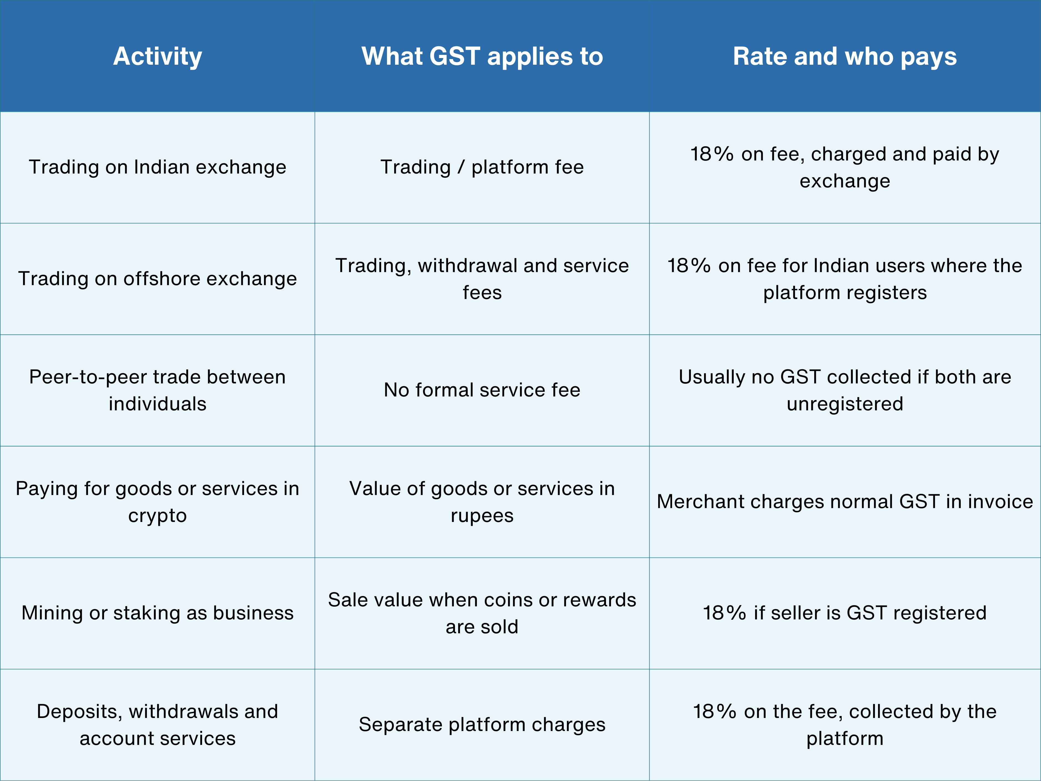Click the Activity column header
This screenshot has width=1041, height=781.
click(158, 56)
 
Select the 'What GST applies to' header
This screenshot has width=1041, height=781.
click(482, 56)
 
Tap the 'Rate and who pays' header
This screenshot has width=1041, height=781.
click(845, 56)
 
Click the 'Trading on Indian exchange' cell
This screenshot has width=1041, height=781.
click(158, 167)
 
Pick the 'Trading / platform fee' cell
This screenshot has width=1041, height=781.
click(482, 167)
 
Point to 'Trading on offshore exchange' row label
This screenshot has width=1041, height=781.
click(158, 279)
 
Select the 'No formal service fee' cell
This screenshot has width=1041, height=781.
click(482, 390)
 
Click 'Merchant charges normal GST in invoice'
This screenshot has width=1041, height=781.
click(845, 501)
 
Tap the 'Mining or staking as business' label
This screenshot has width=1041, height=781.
click(158, 613)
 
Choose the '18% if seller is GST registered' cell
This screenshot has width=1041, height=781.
click(845, 613)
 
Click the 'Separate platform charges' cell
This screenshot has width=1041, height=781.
click(482, 725)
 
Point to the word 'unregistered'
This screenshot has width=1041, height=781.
click(845, 404)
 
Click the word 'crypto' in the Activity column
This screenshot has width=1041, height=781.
click(158, 516)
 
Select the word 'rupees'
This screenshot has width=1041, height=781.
click(482, 516)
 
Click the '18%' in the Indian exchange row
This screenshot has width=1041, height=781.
click(711, 154)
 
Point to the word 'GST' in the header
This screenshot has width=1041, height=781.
click(455, 56)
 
